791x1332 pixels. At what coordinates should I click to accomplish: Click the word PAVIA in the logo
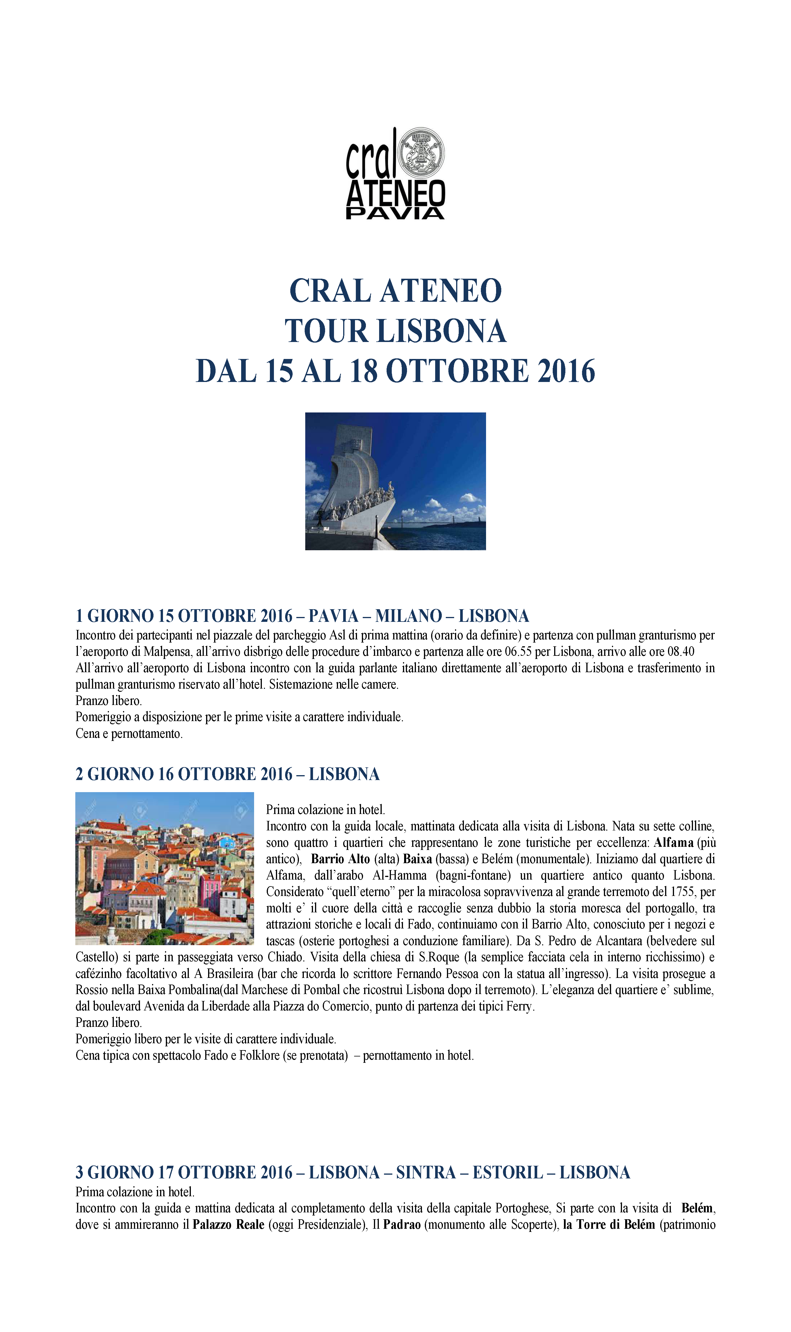click(x=395, y=214)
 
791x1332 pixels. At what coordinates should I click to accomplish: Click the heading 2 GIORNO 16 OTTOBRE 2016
click(x=227, y=774)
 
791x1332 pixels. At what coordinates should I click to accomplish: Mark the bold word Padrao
click(x=402, y=1224)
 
